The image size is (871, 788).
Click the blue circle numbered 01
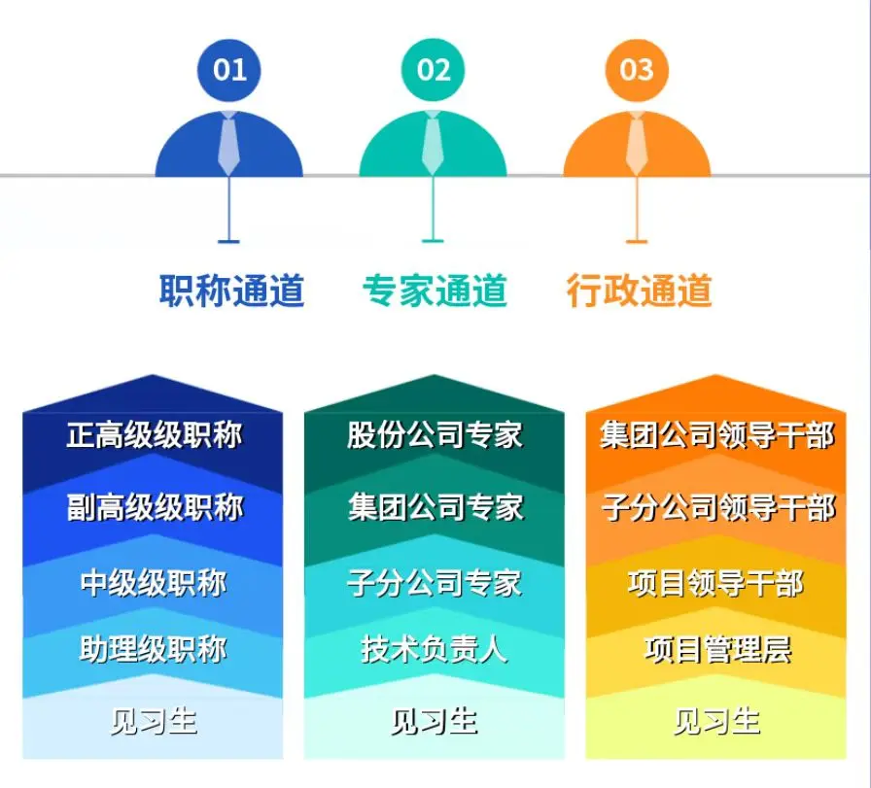click(228, 71)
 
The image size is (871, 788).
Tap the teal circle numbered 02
click(433, 71)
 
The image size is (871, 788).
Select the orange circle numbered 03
click(637, 71)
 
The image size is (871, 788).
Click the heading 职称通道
click(231, 291)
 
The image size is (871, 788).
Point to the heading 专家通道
click(435, 291)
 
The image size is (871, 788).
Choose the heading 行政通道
click(639, 291)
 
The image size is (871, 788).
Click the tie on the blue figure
click(228, 143)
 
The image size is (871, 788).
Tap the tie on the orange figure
click(637, 143)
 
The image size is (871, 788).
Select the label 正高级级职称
click(154, 435)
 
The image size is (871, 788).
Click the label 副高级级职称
click(155, 507)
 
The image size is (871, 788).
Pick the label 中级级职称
click(154, 583)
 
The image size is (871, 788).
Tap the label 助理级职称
click(153, 649)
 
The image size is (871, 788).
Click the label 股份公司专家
click(435, 435)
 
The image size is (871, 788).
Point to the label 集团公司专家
click(435, 507)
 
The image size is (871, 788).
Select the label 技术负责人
click(434, 649)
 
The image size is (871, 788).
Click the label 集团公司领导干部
click(717, 435)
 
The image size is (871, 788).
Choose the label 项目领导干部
click(716, 583)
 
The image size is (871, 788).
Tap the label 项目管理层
click(717, 649)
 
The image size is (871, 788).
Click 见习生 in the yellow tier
click(716, 721)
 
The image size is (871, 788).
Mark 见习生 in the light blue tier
click(154, 721)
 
